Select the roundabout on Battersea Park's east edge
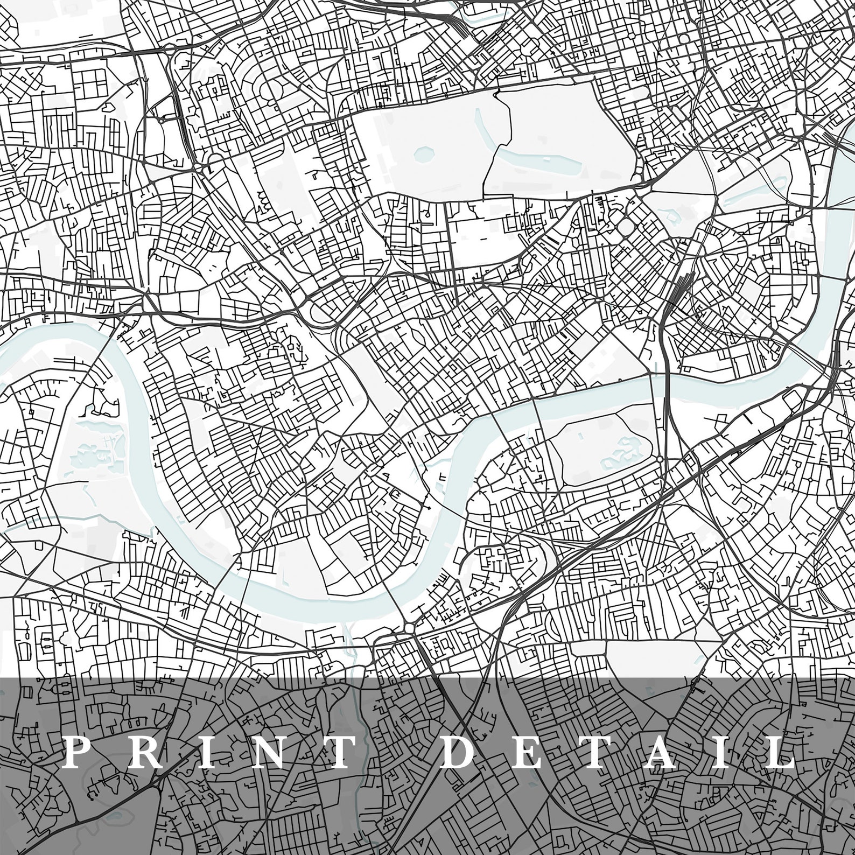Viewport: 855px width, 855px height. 660,459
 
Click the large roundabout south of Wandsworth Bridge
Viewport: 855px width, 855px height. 409,628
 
